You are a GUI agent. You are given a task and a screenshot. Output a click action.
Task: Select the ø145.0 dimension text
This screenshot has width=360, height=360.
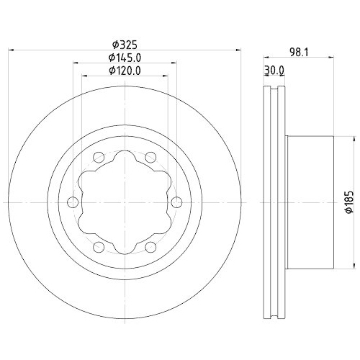coord(124,57)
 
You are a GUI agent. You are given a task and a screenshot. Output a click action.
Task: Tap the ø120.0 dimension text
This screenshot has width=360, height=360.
coord(124,70)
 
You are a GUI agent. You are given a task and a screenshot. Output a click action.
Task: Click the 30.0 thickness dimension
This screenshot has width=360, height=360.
coord(275,70)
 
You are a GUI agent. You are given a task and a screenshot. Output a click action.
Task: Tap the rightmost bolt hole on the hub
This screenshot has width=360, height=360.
coord(175,202)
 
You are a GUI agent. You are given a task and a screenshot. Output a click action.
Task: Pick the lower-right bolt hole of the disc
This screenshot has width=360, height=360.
coord(150,247)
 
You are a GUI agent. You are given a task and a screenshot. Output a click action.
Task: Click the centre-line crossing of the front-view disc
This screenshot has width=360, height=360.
coord(125,202)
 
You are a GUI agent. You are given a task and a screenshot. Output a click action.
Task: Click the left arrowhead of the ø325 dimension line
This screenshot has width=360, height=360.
coord(10,50)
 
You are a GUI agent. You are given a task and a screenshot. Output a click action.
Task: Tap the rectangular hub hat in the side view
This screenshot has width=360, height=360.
coord(310,202)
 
